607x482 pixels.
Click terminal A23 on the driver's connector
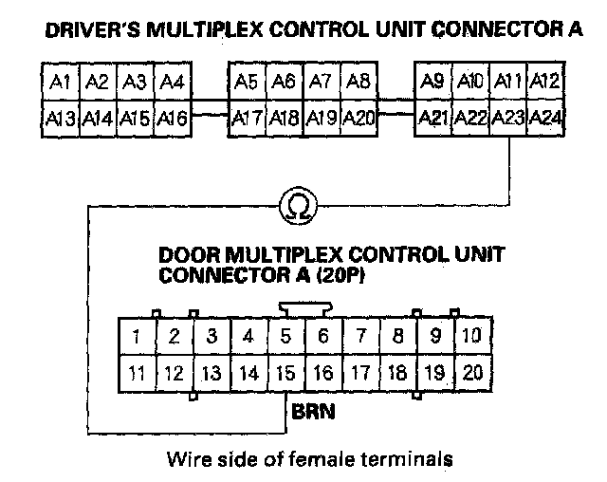[508, 119]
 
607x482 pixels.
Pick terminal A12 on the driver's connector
[544, 83]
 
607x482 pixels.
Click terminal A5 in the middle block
[248, 83]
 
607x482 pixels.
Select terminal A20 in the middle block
[359, 119]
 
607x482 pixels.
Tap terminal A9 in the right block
[432, 83]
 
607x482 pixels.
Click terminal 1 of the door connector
[137, 336]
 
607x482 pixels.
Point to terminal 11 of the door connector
[137, 373]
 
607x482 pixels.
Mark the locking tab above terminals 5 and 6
[303, 308]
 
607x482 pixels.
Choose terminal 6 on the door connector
[322, 336]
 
